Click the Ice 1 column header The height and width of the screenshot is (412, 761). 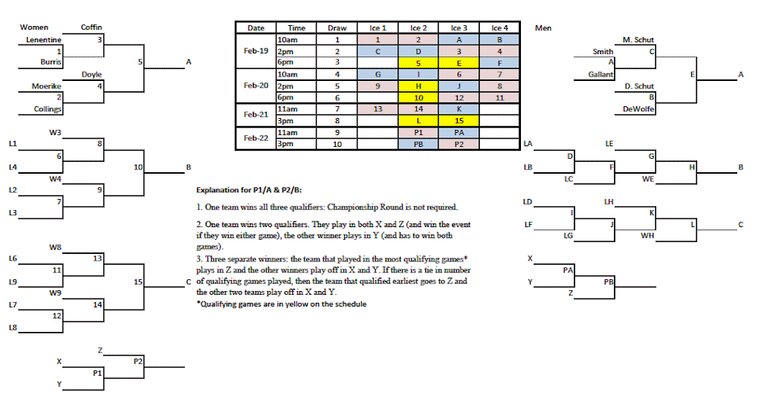pos(378,27)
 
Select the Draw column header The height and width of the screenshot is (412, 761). pos(337,27)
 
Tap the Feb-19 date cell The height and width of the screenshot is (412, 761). pos(255,51)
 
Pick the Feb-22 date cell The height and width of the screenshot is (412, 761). pos(255,139)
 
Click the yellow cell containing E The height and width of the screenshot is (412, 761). pos(459,63)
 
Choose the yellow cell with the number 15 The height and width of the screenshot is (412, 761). pos(459,121)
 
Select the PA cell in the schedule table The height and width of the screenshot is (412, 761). pos(459,133)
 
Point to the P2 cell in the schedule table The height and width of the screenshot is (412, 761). pos(459,145)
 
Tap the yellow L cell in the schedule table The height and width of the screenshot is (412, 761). pos(418,121)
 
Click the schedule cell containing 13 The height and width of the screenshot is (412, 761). pos(378,109)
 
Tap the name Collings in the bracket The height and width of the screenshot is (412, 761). pos(47,109)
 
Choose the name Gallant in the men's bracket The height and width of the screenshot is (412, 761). pos(600,74)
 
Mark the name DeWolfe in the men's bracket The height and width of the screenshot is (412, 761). pos(638,109)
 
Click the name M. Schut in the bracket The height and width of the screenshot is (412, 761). pos(638,39)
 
